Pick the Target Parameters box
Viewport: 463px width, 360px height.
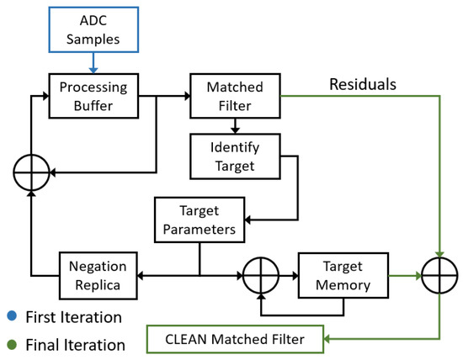pyautogui.click(x=200, y=218)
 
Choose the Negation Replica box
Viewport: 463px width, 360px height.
pyautogui.click(x=98, y=275)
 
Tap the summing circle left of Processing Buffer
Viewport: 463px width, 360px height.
pyautogui.click(x=31, y=173)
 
